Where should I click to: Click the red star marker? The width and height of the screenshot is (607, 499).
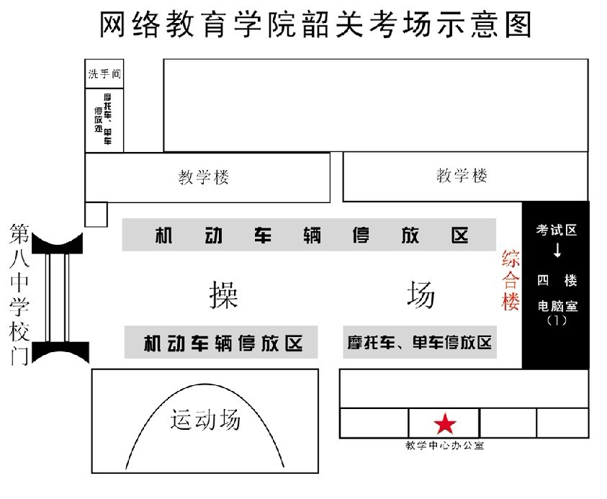445,423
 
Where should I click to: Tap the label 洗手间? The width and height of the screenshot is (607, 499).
104,73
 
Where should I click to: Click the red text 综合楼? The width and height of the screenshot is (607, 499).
511,280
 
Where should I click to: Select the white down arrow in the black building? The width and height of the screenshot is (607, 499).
557,251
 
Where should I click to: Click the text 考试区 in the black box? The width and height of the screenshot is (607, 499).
557,230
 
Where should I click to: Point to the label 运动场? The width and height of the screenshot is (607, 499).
204,419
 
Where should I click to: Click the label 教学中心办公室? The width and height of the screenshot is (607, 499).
444,446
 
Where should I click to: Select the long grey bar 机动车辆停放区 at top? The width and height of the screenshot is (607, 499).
310,235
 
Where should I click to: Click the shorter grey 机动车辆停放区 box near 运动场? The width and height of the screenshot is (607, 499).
221,342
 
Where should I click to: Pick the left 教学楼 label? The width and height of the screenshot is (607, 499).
204,177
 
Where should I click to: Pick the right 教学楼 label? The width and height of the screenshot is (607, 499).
462,175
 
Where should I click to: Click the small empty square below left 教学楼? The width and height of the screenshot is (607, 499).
96,214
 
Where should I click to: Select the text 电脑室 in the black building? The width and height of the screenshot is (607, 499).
557,306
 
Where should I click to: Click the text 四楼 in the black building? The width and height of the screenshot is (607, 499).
557,280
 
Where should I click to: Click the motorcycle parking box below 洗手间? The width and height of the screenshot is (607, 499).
104,120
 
